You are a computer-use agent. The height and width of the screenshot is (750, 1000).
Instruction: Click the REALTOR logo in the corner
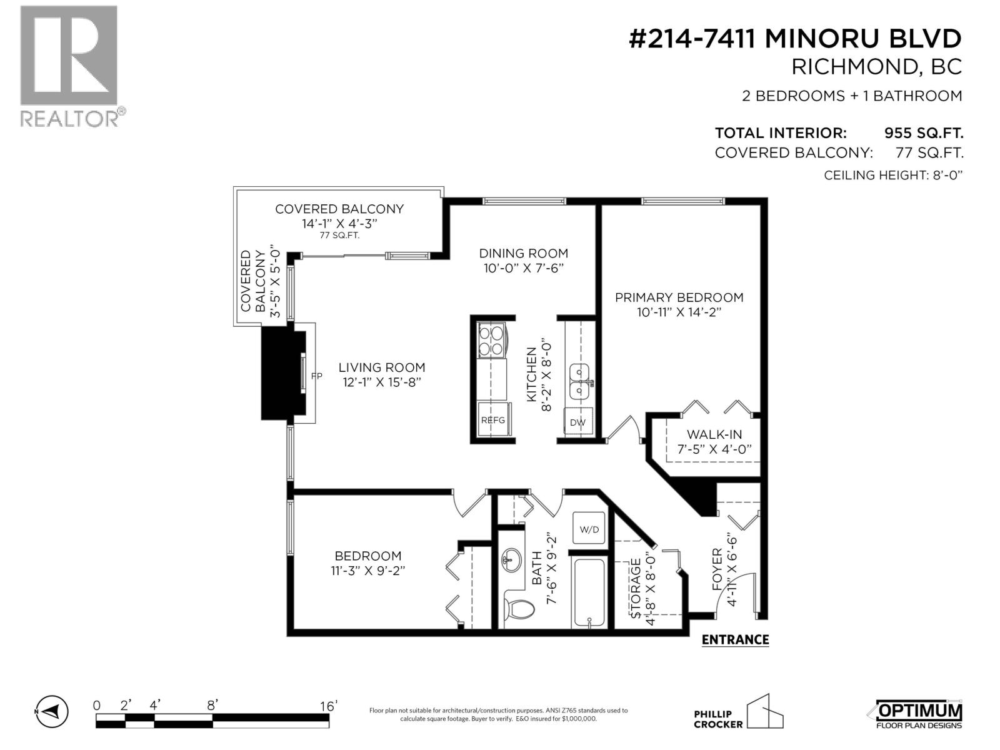69,66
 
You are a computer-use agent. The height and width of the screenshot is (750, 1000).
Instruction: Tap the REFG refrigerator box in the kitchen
492,421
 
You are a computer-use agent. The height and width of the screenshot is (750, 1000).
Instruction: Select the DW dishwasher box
578,422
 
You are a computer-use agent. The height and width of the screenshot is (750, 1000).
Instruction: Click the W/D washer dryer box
589,529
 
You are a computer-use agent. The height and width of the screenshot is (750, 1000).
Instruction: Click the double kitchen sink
581,382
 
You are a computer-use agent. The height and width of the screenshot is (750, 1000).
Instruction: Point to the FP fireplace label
317,376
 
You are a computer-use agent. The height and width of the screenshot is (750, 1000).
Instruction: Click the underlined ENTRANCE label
735,639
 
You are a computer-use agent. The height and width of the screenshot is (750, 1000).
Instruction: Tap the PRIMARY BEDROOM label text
679,297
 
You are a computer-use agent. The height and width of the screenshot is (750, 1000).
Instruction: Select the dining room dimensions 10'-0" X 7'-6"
524,269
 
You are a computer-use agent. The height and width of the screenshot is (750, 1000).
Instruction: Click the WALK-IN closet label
714,434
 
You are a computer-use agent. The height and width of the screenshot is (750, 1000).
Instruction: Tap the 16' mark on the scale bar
328,706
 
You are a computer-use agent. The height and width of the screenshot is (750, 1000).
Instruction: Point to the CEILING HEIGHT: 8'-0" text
893,175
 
